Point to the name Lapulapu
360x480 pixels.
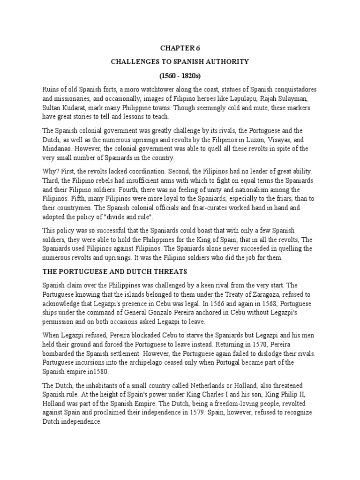pos(232,99)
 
